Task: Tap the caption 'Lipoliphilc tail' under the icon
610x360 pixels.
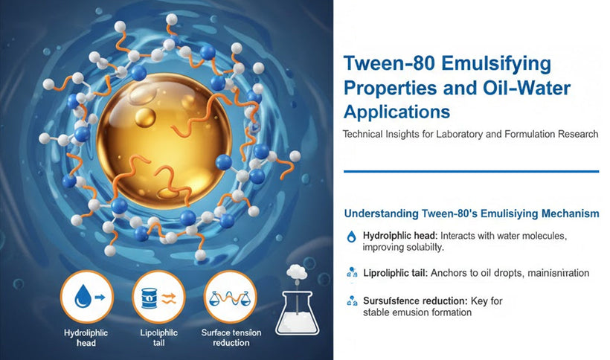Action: point(158,337)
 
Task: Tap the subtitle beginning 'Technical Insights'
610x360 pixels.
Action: point(470,134)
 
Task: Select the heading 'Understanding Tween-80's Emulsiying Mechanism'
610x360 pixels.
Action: point(471,213)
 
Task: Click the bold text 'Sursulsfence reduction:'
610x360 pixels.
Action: point(412,301)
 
